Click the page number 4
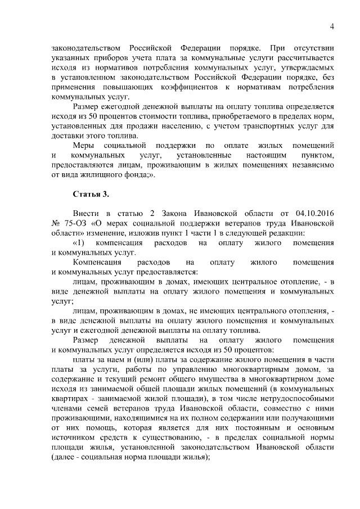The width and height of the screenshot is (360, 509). pos(332,26)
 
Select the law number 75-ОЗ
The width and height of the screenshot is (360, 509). pos(75,223)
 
